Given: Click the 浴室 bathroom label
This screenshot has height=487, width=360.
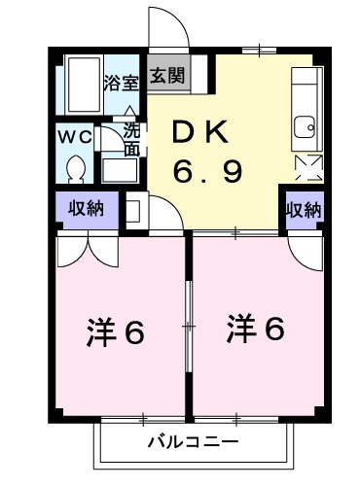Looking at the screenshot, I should (x=123, y=81).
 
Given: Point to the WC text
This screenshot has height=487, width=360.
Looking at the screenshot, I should (x=75, y=136).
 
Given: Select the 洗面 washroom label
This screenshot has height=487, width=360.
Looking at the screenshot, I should (x=131, y=139).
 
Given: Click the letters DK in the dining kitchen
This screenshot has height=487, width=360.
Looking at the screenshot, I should (x=202, y=131).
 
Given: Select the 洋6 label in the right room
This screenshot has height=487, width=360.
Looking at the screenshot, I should (x=256, y=330).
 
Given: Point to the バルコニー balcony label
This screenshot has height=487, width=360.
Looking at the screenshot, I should (x=192, y=441).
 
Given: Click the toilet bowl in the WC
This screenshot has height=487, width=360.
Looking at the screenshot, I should (x=75, y=169).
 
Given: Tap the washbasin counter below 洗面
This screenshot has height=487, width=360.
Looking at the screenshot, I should (x=122, y=168).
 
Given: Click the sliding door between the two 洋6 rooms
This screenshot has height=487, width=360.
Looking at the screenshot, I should (x=190, y=326).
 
